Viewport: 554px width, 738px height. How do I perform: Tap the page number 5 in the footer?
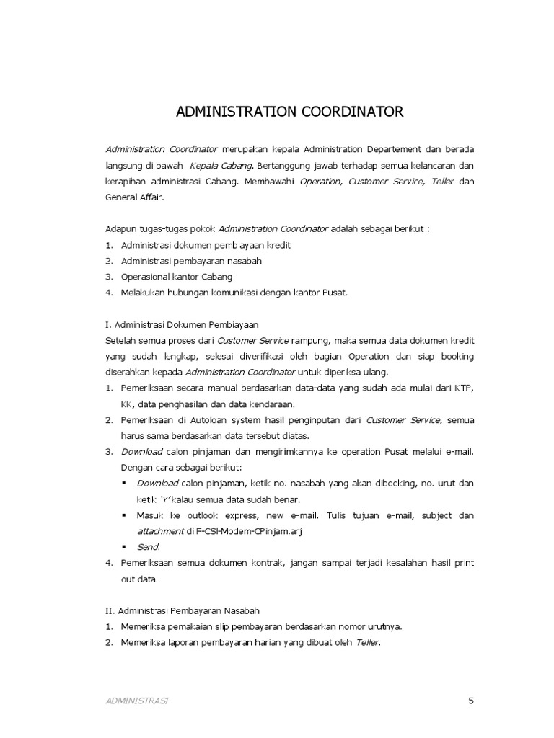point(470,700)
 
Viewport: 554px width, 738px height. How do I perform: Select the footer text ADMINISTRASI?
point(137,701)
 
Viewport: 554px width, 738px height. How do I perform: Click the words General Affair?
point(134,197)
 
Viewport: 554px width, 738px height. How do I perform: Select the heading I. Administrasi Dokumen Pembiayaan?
point(182,324)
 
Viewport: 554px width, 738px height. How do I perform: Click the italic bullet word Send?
point(148,547)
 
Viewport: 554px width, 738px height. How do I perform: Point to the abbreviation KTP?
point(465,388)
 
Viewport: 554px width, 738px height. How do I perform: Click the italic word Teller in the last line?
point(367,641)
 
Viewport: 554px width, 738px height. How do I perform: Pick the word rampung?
point(310,340)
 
